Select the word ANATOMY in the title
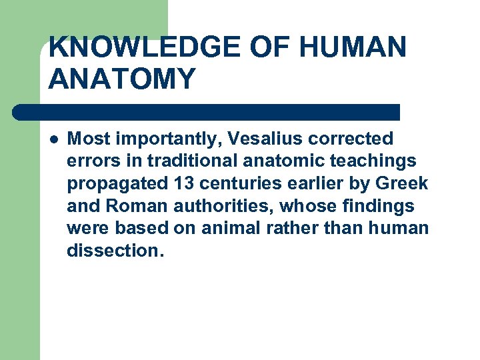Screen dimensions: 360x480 coord(122,79)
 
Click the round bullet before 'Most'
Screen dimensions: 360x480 coord(53,139)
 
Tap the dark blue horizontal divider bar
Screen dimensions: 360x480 coord(207,111)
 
